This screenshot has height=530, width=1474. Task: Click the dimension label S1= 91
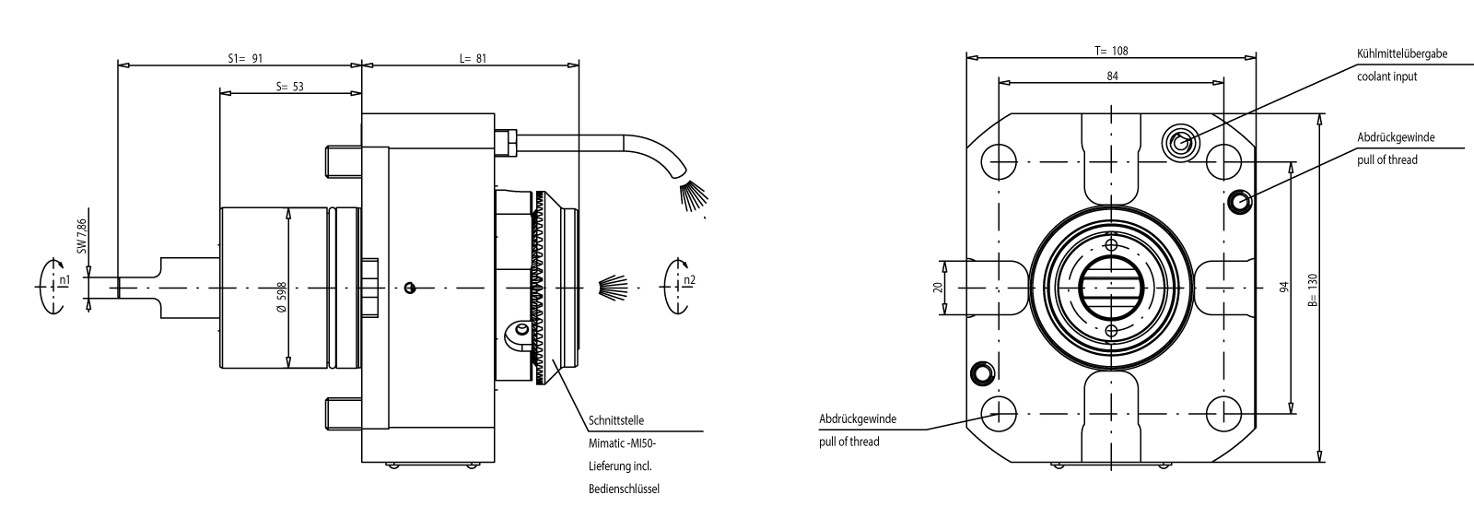click(x=245, y=58)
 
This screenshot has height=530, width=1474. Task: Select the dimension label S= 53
click(x=290, y=87)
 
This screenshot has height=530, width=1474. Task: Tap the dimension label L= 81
click(x=473, y=58)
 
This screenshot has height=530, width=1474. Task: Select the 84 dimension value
click(x=1112, y=77)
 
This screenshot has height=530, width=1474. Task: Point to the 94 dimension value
click(x=1283, y=288)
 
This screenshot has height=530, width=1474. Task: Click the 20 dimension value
click(x=938, y=288)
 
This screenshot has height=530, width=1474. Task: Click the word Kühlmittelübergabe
click(x=1401, y=54)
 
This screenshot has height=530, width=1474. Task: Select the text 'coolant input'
click(x=1386, y=77)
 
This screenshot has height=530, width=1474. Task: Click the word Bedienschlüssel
click(x=624, y=489)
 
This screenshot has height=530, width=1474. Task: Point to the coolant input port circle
click(x=1181, y=141)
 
